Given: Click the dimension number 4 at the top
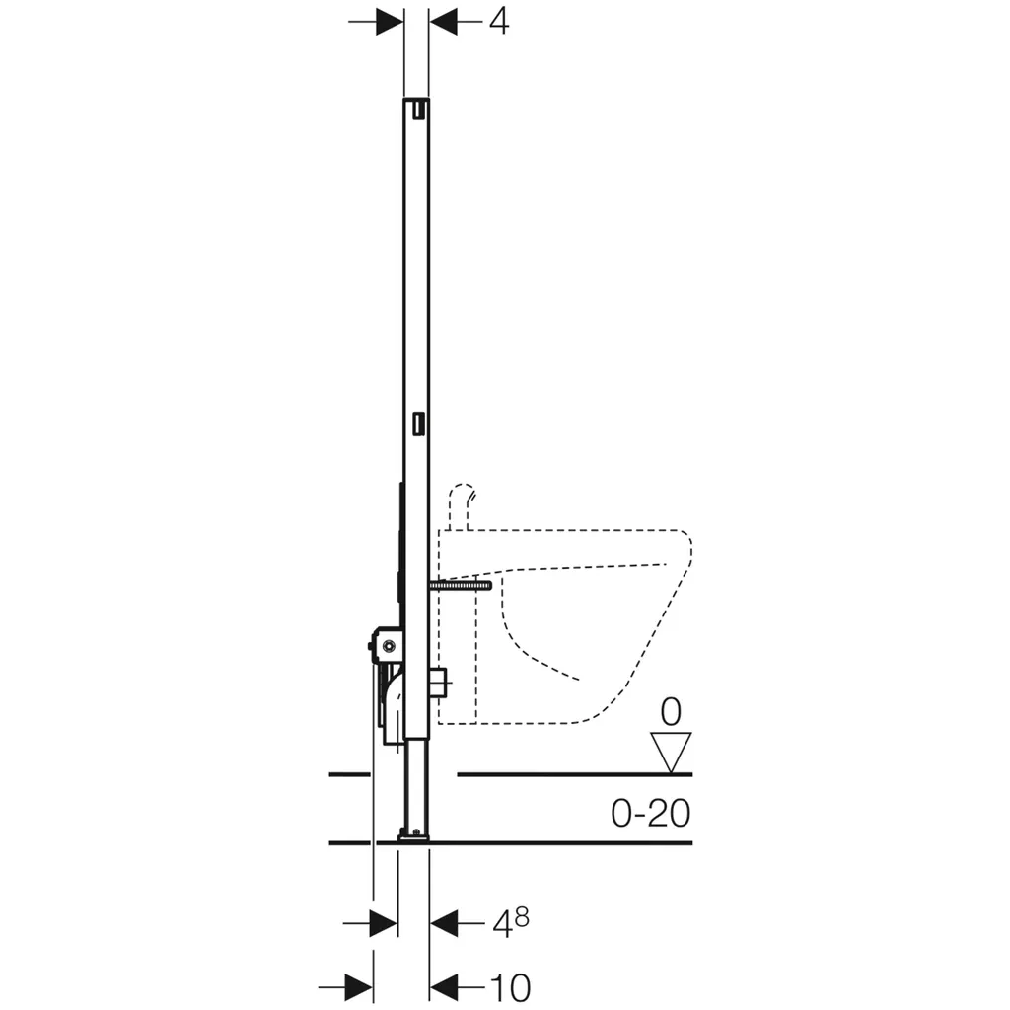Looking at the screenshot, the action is coord(498,22).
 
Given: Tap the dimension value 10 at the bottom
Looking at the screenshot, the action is coord(510,986).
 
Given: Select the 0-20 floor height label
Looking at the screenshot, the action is coord(651,813).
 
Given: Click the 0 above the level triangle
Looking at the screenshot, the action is coord(671,712).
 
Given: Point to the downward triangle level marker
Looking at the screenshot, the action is coord(671,751).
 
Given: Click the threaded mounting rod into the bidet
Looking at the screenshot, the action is coord(460,585).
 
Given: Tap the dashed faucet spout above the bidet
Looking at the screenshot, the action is coord(462,506).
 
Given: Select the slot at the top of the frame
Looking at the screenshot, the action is coord(419,110).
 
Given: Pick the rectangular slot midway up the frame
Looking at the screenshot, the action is coord(419,423).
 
